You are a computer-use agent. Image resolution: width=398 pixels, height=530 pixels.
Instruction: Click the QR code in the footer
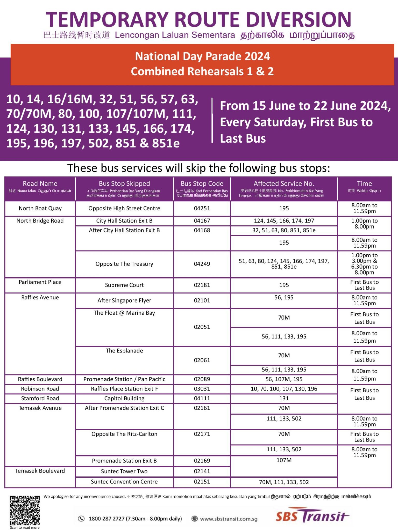[25, 510]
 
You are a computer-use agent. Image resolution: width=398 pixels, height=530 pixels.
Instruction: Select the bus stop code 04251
[202, 208]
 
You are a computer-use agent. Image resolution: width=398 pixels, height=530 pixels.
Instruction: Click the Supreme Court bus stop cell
[124, 285]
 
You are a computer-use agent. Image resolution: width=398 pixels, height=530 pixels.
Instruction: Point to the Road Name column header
[40, 183]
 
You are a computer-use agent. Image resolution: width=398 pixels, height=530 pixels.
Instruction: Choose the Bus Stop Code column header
[202, 183]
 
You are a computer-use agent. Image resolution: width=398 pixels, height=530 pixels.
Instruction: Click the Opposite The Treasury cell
[124, 264]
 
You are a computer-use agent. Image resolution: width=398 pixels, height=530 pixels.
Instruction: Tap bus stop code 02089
[202, 379]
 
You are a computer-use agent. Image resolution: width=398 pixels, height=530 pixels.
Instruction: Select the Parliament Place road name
[40, 282]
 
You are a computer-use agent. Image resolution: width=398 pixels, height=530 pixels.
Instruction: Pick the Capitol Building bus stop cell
[124, 398]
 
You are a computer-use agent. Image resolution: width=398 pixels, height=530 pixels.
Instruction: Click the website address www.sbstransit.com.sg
[229, 519]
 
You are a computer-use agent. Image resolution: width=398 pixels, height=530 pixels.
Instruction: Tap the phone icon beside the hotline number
[81, 518]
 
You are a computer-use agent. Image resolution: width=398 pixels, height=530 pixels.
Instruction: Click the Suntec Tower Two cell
[124, 471]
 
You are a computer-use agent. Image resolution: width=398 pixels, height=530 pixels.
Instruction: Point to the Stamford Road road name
[40, 398]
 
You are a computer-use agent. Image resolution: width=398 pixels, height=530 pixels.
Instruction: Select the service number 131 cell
[284, 398]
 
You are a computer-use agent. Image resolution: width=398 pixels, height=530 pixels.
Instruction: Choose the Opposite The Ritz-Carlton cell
[124, 434]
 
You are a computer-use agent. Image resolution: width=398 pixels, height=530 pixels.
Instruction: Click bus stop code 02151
[202, 482]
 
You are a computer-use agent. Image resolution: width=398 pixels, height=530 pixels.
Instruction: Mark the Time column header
[364, 183]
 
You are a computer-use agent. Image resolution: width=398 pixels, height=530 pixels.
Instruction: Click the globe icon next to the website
[195, 518]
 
